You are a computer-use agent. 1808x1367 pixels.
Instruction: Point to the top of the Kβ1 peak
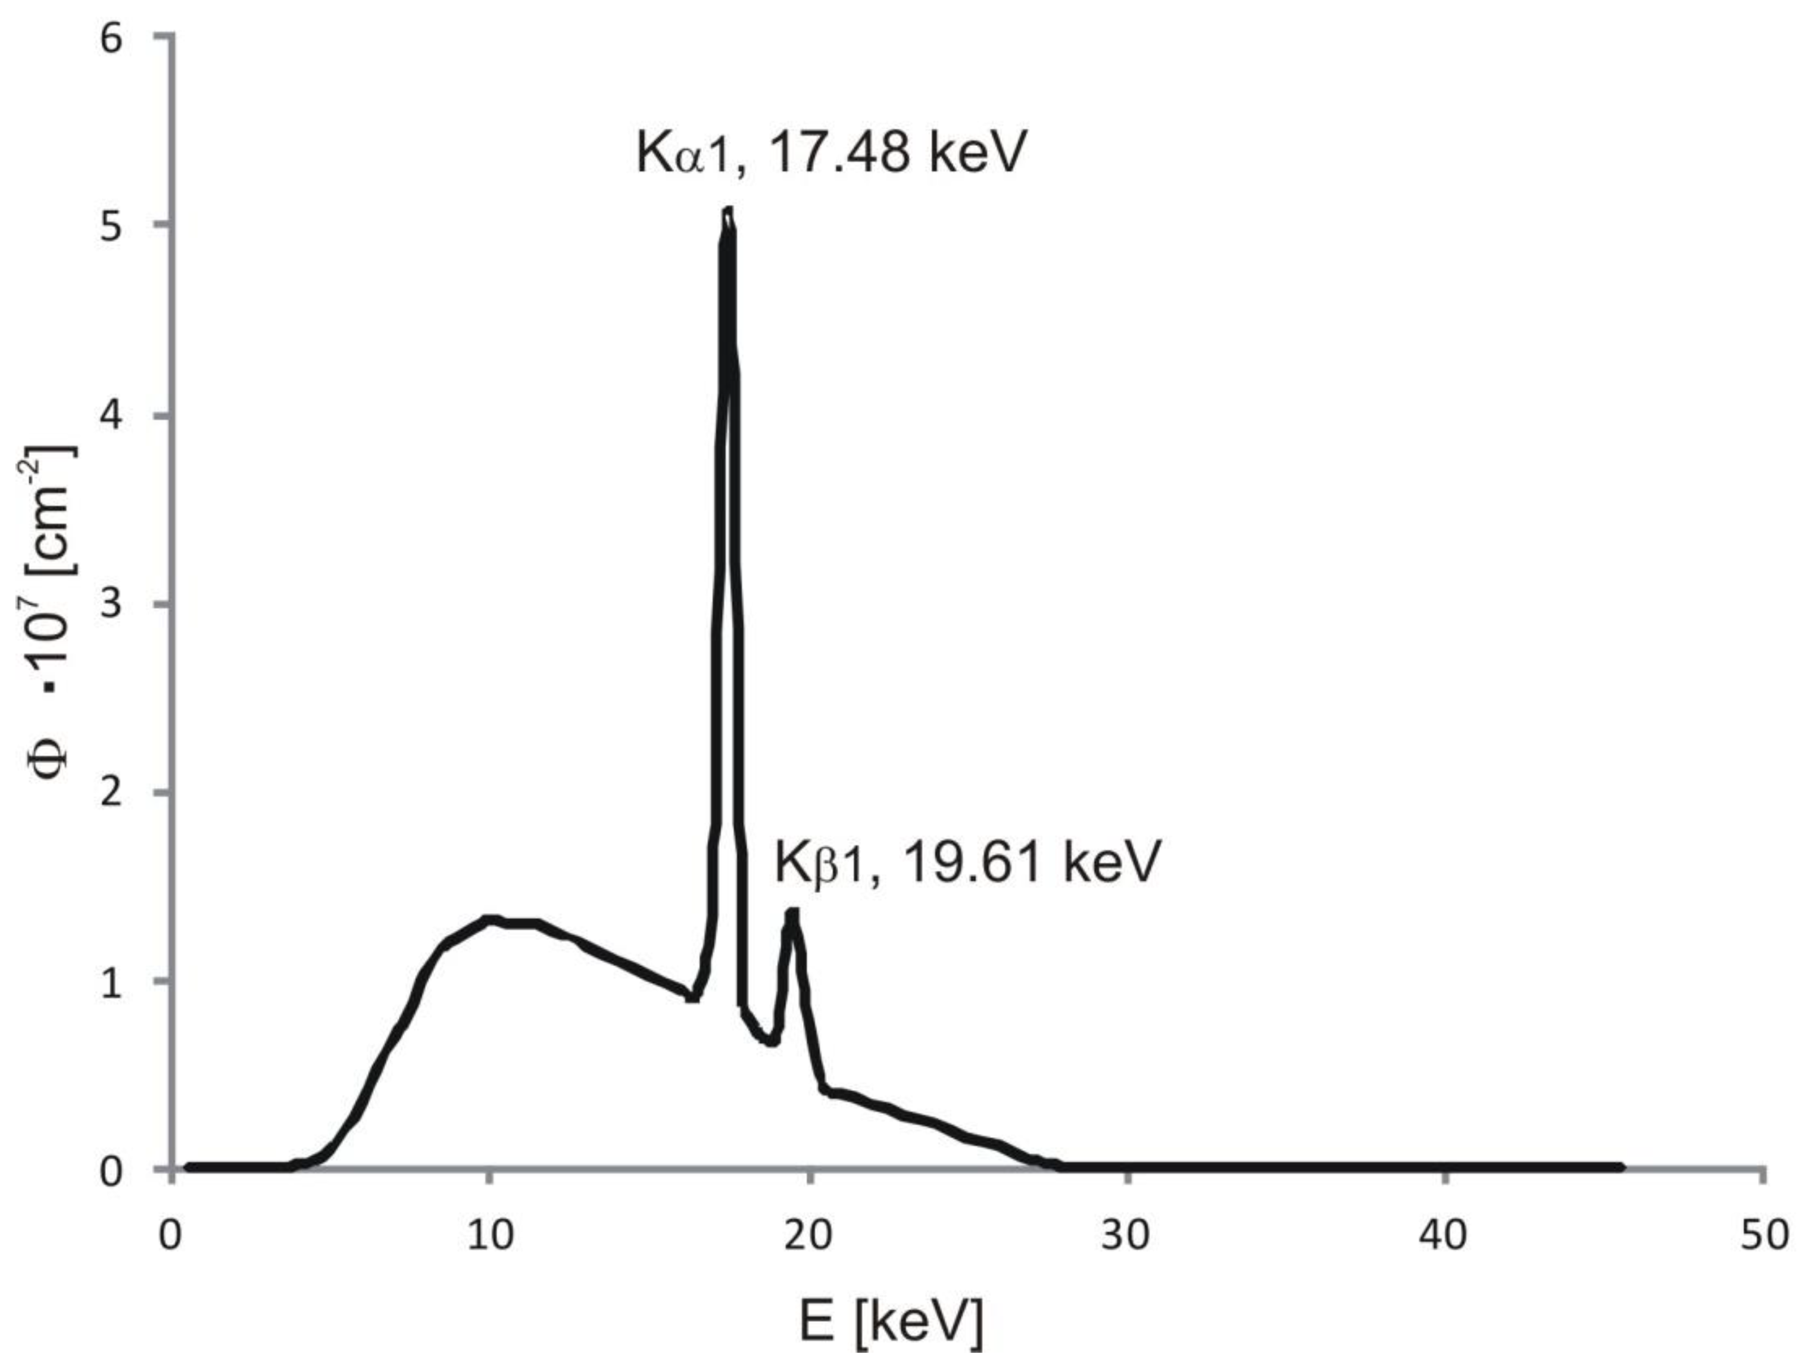(x=791, y=913)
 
